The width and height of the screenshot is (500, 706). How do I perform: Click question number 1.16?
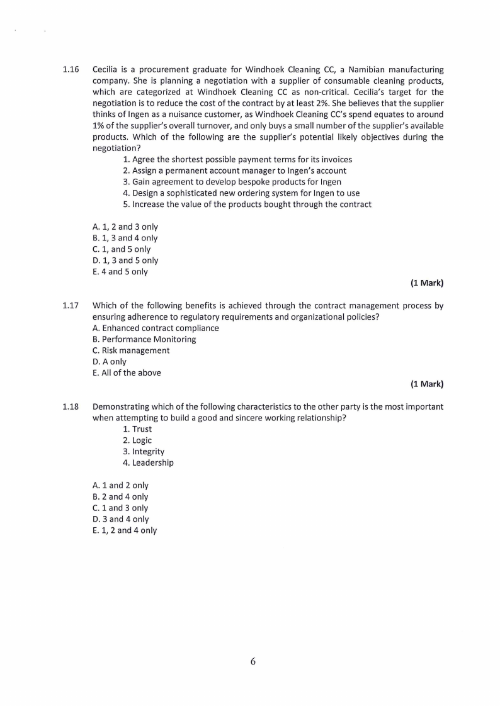[71, 69]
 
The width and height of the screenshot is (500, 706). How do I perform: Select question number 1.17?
[71, 306]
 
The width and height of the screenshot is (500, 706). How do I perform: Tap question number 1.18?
[71, 407]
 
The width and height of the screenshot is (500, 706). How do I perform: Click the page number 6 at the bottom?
[253, 661]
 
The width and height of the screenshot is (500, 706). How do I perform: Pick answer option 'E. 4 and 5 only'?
[120, 272]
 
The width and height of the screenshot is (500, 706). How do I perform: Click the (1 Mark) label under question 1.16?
[427, 283]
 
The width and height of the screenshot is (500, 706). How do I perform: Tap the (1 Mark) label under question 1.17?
[427, 384]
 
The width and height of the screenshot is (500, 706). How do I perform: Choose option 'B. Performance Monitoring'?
[144, 339]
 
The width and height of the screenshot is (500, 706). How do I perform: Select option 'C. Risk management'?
[131, 350]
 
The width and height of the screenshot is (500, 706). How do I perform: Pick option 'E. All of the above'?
[127, 373]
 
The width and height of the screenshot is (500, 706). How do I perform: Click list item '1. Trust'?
[137, 429]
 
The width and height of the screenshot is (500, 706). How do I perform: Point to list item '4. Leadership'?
[149, 462]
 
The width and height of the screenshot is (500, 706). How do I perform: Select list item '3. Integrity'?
[144, 452]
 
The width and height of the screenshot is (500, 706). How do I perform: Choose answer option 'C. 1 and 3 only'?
[120, 508]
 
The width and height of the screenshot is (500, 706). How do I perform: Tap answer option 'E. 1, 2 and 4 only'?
[125, 530]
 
